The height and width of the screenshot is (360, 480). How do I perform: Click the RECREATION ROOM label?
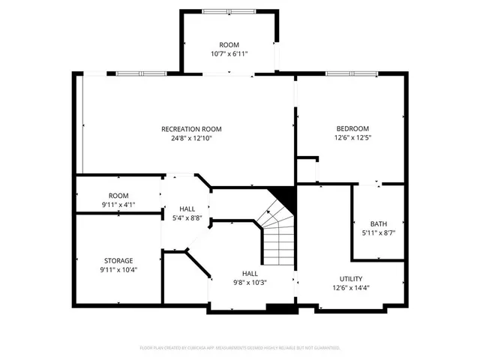click(x=191, y=129)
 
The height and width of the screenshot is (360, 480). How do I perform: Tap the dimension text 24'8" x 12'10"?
click(x=191, y=138)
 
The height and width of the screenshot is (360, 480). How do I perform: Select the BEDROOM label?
click(x=352, y=128)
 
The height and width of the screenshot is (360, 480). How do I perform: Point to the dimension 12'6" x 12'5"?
click(x=352, y=138)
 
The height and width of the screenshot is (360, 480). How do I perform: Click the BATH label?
click(x=379, y=224)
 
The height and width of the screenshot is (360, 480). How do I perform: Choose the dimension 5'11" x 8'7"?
click(x=379, y=233)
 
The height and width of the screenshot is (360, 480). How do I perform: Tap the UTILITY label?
click(x=351, y=278)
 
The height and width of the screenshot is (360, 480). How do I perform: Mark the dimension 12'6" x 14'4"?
click(x=351, y=287)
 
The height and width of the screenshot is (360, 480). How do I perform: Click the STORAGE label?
click(x=118, y=260)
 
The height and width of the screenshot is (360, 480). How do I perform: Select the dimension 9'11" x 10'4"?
click(x=118, y=269)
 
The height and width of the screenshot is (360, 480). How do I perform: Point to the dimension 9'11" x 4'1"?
click(x=118, y=204)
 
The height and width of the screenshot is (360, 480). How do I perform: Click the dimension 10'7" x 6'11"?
click(x=229, y=54)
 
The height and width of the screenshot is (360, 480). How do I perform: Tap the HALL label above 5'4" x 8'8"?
click(x=187, y=208)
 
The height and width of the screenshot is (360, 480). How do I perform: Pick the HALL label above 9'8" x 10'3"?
click(x=250, y=273)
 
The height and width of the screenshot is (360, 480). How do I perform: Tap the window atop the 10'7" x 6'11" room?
click(x=228, y=11)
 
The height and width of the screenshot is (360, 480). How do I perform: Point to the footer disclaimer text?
click(x=240, y=349)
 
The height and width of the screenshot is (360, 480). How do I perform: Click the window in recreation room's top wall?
click(x=140, y=73)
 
